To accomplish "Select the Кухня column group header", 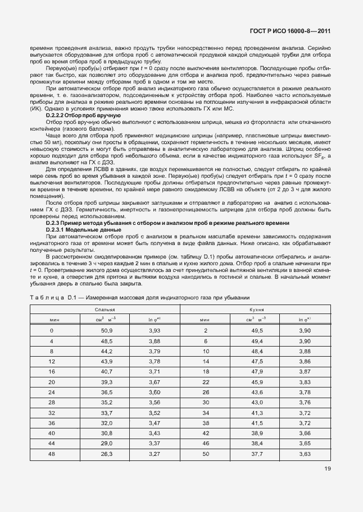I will (256, 309).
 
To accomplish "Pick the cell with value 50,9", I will (107, 331).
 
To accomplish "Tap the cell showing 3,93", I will (155, 331).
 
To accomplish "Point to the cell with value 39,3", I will (107, 381).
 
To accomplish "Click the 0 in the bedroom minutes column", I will (52, 331).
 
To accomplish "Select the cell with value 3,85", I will (305, 381).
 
